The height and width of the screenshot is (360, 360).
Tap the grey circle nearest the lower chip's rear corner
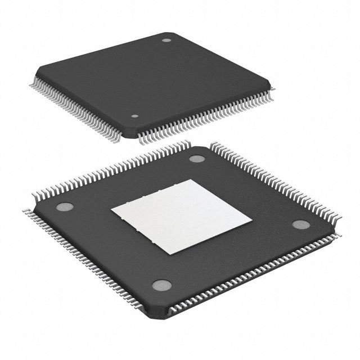(196, 158)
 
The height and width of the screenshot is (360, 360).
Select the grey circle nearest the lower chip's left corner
(63, 205)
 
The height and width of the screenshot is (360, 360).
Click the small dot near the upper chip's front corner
(134, 116)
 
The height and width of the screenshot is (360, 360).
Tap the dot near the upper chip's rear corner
(166, 40)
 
